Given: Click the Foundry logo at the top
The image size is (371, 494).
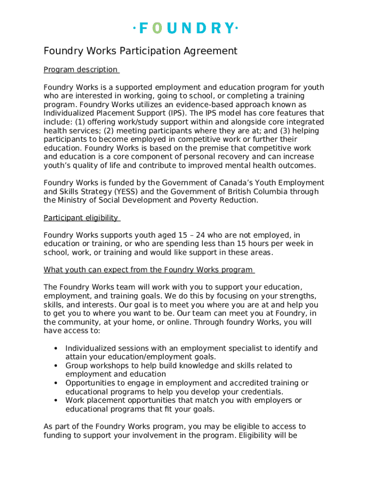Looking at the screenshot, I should tap(185, 28).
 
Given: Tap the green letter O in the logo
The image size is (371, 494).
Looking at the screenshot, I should tap(157, 28).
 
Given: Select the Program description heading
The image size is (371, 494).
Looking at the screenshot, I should tap(80, 69).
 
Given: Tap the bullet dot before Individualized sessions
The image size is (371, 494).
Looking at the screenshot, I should tap(56, 348).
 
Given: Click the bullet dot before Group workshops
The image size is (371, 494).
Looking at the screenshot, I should tap(56, 366).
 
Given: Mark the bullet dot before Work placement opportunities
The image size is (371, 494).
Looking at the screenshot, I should tap(56, 400).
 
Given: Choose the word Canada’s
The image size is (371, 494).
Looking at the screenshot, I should tap(235, 183).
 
